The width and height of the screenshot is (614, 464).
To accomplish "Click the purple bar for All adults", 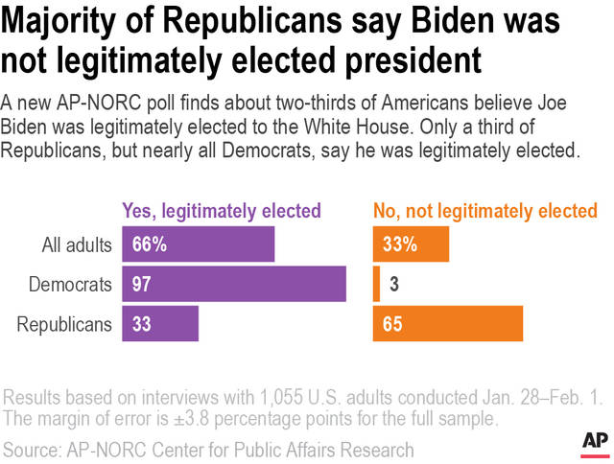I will click(198, 244).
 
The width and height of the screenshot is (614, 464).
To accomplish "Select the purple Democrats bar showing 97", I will click(233, 284).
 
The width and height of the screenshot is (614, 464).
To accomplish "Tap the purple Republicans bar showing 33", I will click(159, 324).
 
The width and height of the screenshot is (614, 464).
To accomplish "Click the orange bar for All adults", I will click(411, 244).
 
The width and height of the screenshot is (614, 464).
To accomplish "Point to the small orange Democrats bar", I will click(376, 284).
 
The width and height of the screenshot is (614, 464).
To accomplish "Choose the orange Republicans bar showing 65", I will click(448, 324).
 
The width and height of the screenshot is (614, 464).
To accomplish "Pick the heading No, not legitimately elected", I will click(484, 211).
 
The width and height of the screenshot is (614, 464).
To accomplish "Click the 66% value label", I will click(149, 244).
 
